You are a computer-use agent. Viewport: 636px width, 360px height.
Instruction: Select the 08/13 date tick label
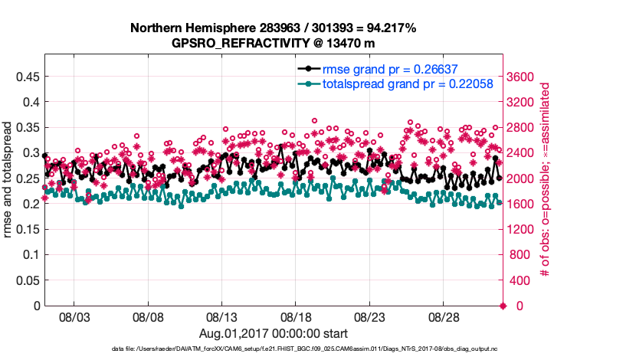pyautogui.click(x=222, y=316)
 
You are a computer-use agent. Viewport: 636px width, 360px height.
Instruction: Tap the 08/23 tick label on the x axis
pyautogui.click(x=369, y=316)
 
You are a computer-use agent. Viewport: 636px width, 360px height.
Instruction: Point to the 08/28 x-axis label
pyautogui.click(x=444, y=316)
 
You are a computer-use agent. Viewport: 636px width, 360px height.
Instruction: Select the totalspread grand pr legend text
pyautogui.click(x=395, y=83)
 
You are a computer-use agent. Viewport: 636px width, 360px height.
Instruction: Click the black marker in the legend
pyautogui.click(x=308, y=69)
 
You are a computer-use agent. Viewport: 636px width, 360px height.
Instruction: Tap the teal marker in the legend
pyautogui.click(x=308, y=83)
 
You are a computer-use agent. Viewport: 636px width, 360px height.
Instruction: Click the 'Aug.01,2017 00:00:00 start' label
pyautogui.click(x=274, y=333)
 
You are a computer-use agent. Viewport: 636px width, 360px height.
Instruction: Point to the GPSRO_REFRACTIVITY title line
pyautogui.click(x=274, y=43)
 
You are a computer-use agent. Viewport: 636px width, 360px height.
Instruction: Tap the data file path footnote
pyautogui.click(x=273, y=349)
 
